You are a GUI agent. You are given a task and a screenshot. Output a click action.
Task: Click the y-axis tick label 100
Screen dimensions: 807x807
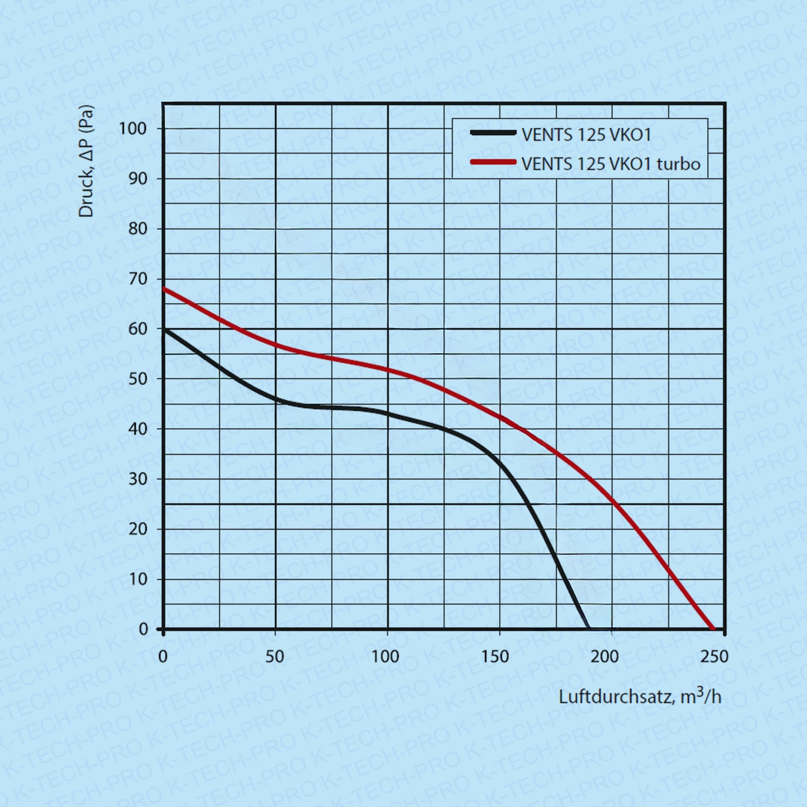pyautogui.click(x=132, y=128)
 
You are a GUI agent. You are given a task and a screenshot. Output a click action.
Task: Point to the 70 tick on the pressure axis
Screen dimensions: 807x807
pyautogui.click(x=137, y=279)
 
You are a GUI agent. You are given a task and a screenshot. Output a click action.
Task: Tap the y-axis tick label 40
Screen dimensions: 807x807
pyautogui.click(x=137, y=429)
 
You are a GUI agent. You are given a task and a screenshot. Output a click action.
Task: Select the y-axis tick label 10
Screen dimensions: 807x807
pyautogui.click(x=137, y=579)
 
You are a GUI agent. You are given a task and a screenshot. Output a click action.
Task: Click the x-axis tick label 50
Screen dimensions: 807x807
pyautogui.click(x=275, y=656)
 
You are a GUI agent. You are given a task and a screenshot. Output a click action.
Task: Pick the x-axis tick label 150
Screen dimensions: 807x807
pyautogui.click(x=495, y=656)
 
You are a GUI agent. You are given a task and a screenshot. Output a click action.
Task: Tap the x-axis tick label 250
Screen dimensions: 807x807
pyautogui.click(x=714, y=656)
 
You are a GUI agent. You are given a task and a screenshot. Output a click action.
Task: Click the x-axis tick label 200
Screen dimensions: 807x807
pyautogui.click(x=605, y=656)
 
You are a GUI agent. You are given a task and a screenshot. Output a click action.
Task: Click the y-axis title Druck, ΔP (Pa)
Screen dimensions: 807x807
pyautogui.click(x=86, y=161)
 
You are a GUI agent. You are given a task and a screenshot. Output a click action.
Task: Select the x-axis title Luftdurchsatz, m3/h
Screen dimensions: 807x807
pyautogui.click(x=640, y=697)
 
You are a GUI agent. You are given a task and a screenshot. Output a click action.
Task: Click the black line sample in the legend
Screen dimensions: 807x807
pyautogui.click(x=493, y=133)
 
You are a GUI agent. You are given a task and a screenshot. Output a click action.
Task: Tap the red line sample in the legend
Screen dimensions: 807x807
pyautogui.click(x=493, y=162)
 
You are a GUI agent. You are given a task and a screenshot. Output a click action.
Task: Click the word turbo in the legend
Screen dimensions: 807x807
pyautogui.click(x=679, y=164)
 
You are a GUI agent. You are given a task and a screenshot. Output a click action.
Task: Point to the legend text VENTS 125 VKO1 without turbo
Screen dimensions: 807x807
pyautogui.click(x=586, y=134)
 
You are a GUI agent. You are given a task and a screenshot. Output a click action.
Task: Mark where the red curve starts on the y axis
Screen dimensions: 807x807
pyautogui.click(x=164, y=289)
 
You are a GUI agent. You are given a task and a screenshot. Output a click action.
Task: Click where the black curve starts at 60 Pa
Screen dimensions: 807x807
pyautogui.click(x=164, y=330)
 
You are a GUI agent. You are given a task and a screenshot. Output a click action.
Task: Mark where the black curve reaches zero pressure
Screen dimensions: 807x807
pyautogui.click(x=587, y=628)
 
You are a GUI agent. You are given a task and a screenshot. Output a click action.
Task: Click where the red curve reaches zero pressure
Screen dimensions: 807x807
pyautogui.click(x=712, y=628)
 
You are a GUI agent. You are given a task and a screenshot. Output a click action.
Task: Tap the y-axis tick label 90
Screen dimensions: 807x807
pyautogui.click(x=137, y=179)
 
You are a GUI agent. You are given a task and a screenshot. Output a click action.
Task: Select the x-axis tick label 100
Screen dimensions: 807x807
pyautogui.click(x=386, y=656)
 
